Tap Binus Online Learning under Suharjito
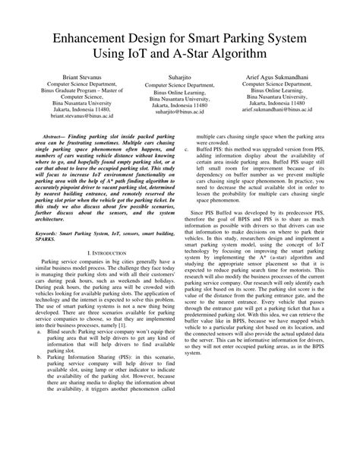pyautogui.click(x=180, y=93)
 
